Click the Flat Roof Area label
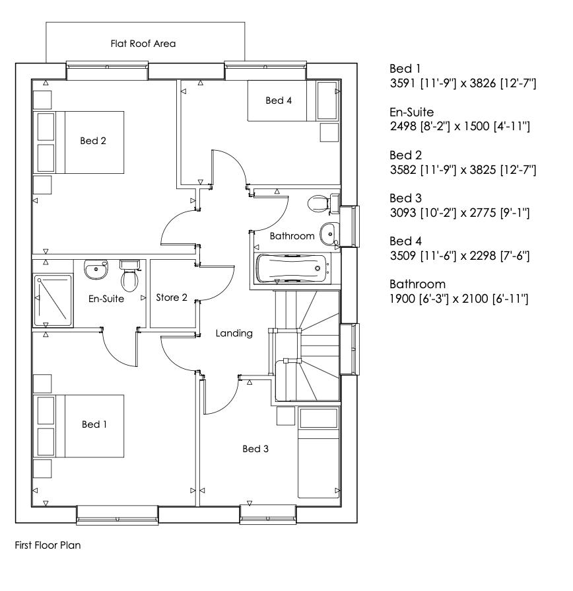click(x=143, y=44)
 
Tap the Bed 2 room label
click(x=94, y=140)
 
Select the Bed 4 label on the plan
click(x=278, y=100)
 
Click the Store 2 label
click(x=172, y=297)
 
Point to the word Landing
click(x=234, y=333)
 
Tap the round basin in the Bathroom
click(x=329, y=233)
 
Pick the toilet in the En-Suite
click(x=129, y=276)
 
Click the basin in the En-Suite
click(x=96, y=269)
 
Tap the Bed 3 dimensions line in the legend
click(x=461, y=213)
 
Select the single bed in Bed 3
click(x=319, y=453)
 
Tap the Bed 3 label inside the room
click(x=255, y=449)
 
